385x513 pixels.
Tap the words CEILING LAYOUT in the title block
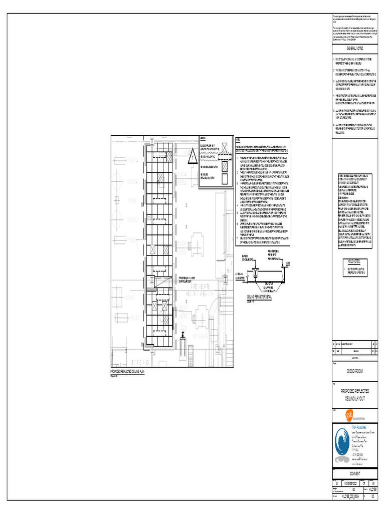(354, 398)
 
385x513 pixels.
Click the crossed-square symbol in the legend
(225, 147)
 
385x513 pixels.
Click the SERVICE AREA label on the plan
(130, 362)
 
